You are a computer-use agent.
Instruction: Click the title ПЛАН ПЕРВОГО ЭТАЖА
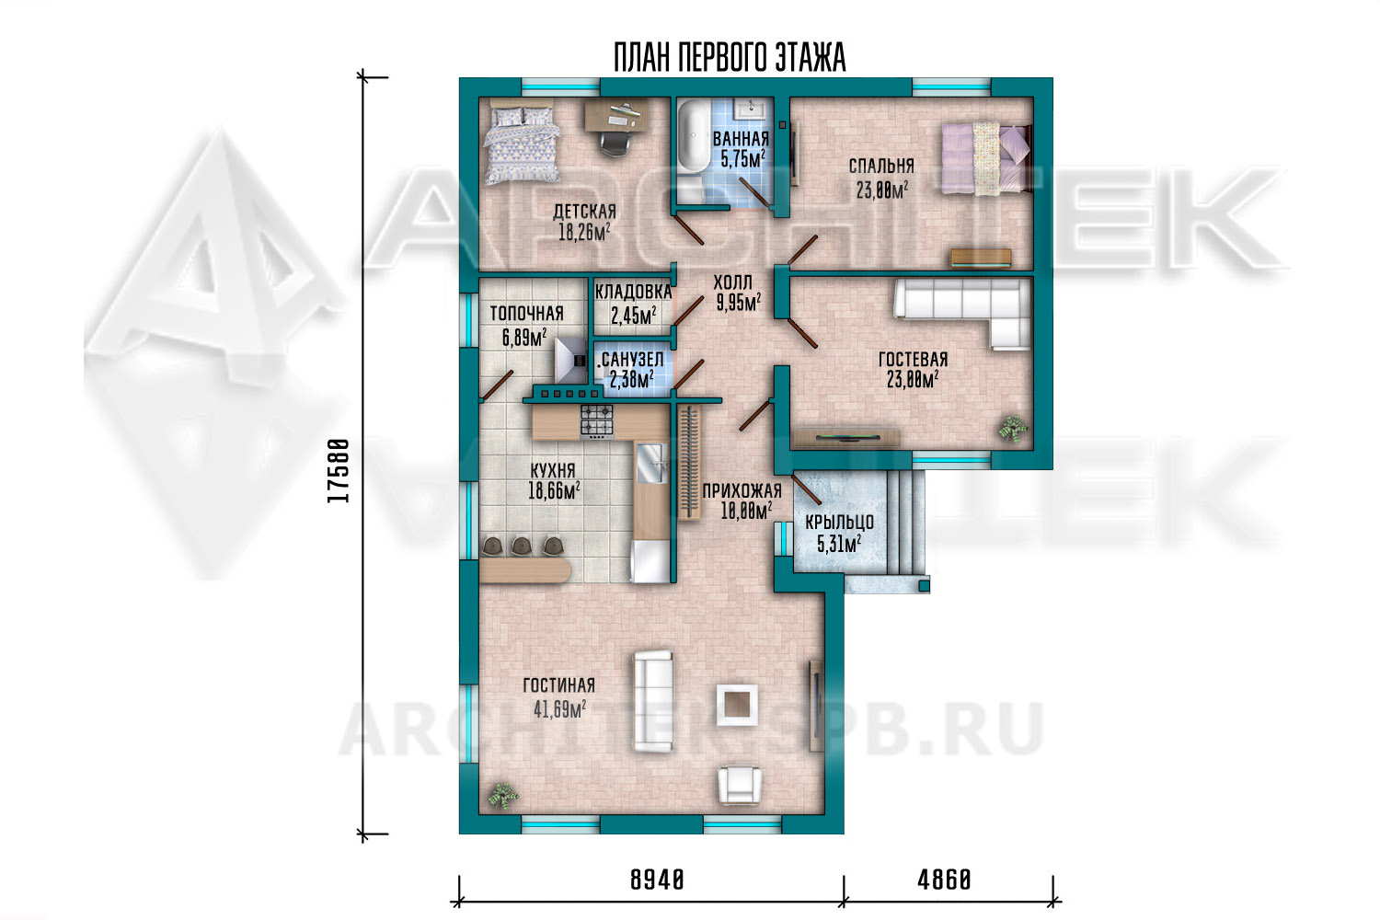[730, 58]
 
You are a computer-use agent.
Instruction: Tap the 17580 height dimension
[339, 471]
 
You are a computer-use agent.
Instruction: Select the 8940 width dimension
[658, 880]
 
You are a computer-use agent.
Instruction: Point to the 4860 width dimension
[945, 880]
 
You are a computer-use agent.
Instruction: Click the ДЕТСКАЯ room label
[584, 212]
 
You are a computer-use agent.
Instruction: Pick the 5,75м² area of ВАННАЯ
[743, 159]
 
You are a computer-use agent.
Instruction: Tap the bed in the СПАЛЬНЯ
[985, 158]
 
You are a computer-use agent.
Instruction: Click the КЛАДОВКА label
[633, 292]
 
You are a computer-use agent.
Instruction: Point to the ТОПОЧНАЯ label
[527, 314]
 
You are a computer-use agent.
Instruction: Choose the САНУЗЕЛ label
[633, 359]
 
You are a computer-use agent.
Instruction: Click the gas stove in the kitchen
[596, 420]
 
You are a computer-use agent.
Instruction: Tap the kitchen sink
[650, 464]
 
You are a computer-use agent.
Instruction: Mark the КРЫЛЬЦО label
[840, 523]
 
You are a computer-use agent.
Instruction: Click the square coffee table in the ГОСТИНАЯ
[736, 705]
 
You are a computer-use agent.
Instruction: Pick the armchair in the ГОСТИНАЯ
[740, 785]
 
